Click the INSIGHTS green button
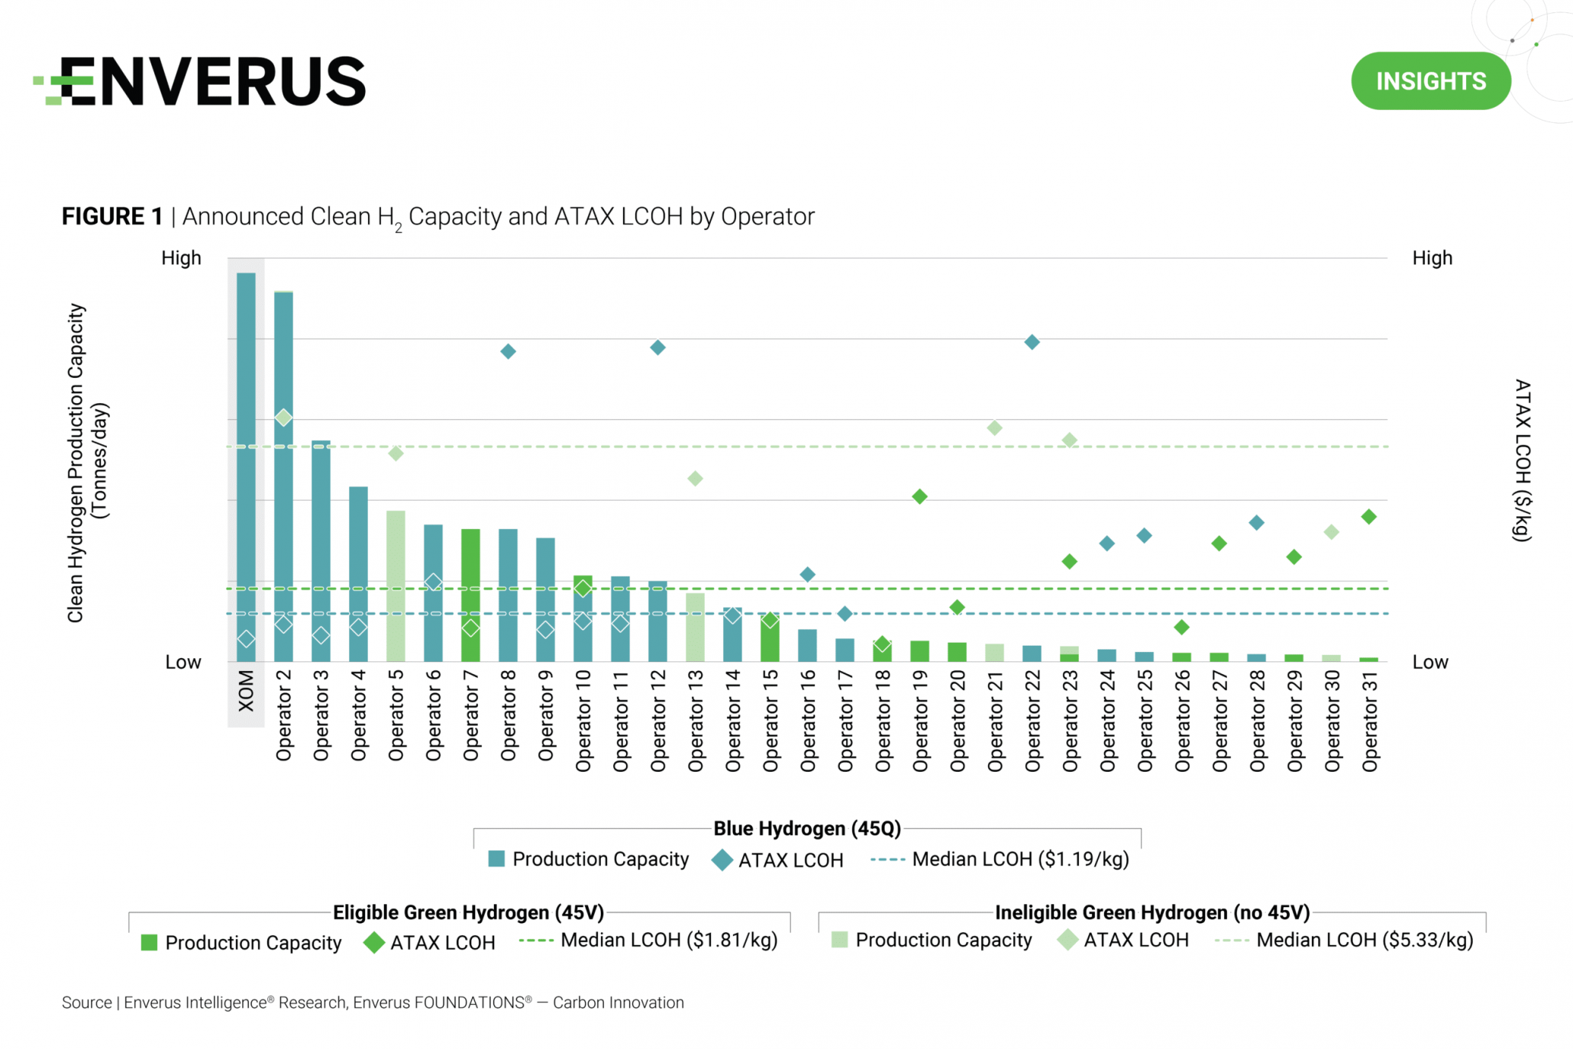[x=1430, y=81]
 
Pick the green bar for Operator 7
[x=470, y=595]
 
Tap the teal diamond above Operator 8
[x=508, y=351]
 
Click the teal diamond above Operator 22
[x=1032, y=342]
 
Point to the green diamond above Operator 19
[x=919, y=497]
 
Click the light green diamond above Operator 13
[x=695, y=479]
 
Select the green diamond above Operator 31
[x=1368, y=517]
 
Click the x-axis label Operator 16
[x=808, y=721]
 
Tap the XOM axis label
[x=246, y=691]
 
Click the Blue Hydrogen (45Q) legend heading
[x=807, y=828]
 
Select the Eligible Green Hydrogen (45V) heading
[x=468, y=912]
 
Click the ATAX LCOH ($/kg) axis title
[x=1522, y=460]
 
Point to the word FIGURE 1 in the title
[x=111, y=217]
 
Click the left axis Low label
[x=183, y=662]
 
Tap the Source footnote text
[x=373, y=1002]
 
